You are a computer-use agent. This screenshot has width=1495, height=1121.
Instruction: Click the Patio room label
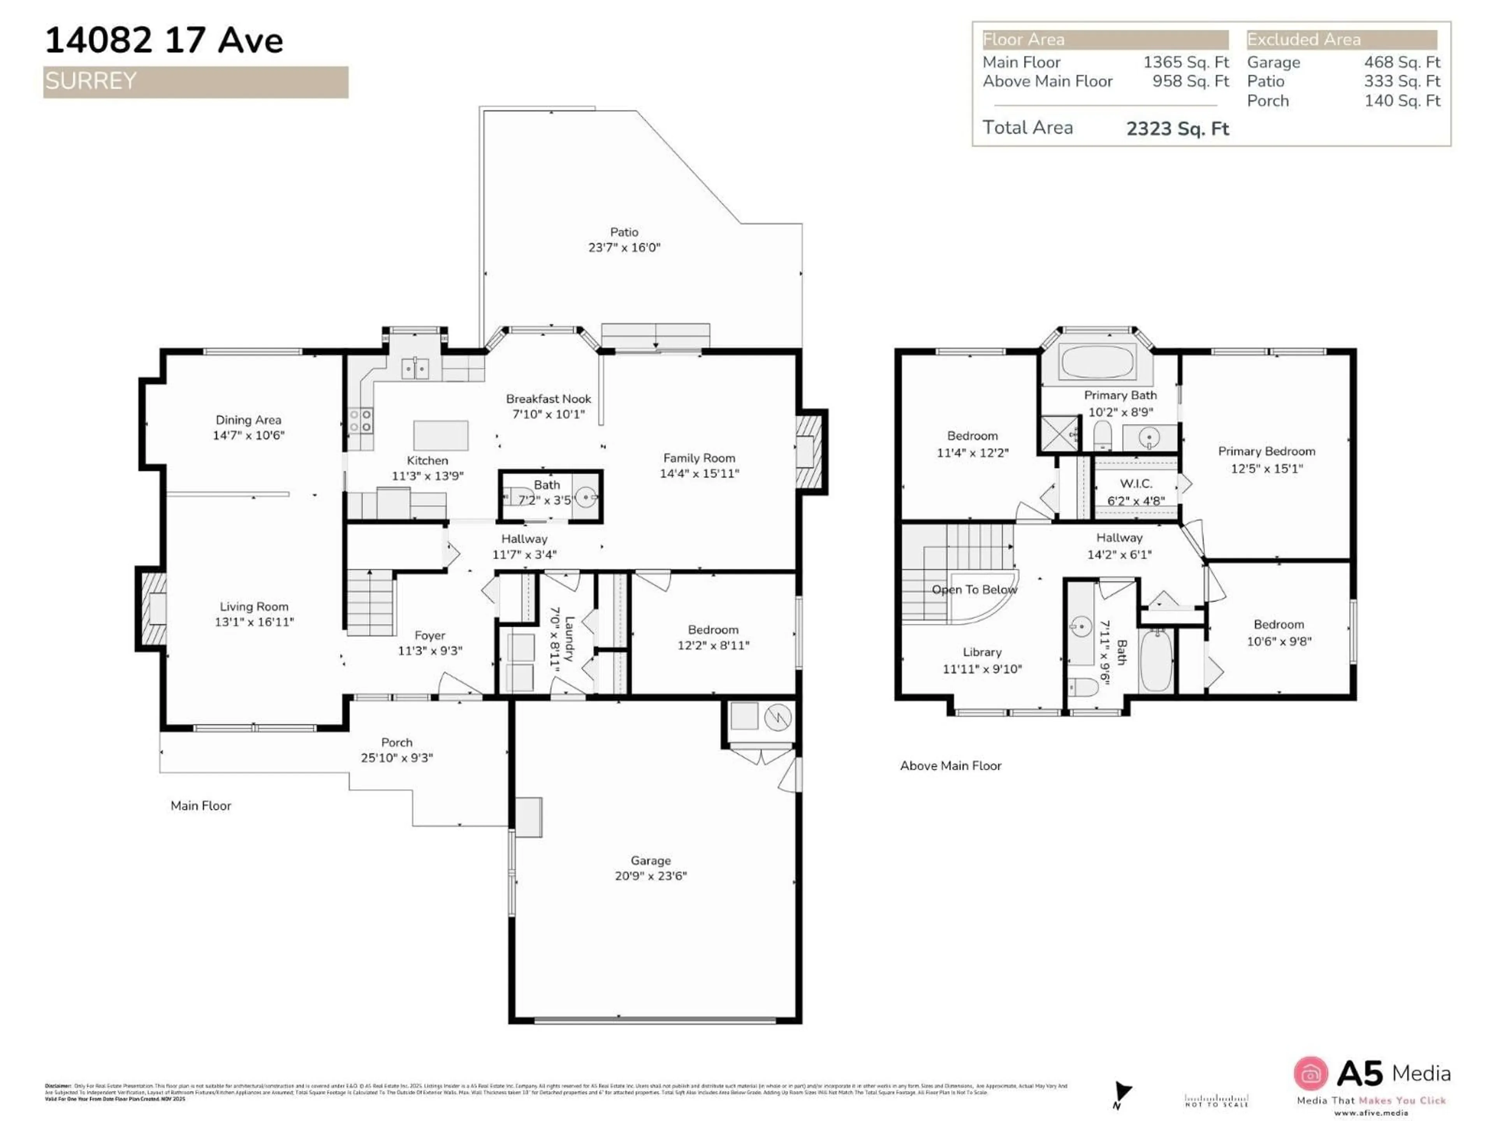coord(623,232)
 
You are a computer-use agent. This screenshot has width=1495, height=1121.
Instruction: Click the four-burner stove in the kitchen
coord(360,421)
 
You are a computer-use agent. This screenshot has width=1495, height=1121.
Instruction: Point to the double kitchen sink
coord(415,369)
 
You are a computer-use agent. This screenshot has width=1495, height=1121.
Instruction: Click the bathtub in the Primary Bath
coord(1097,362)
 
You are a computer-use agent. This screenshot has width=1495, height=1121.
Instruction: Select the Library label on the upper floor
coord(981,652)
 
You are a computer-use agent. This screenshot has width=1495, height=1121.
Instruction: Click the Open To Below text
coord(974,589)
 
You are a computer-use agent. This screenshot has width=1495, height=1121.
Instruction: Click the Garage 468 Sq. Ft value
coord(1401,62)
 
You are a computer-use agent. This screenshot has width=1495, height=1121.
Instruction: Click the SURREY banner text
coord(91,81)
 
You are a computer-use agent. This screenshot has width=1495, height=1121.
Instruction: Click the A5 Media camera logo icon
coord(1310,1073)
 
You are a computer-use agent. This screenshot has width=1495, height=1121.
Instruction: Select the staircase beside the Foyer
coord(370,603)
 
